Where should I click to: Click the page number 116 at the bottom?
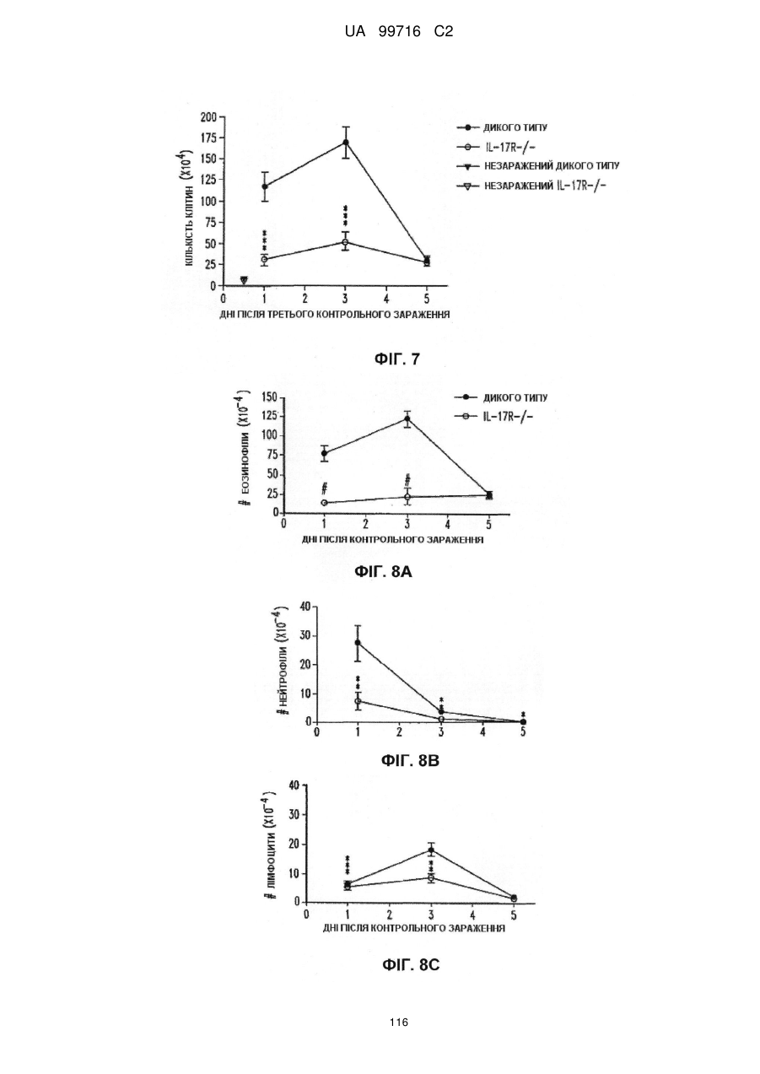[x=399, y=1023]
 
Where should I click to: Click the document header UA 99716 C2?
[x=399, y=32]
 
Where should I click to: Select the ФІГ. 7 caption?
[x=397, y=359]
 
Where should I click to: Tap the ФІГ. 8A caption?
[x=384, y=571]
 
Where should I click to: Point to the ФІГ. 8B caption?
[x=410, y=760]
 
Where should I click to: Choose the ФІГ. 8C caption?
[x=411, y=964]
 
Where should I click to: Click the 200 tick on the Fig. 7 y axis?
[x=209, y=117]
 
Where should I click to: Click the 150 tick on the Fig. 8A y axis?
[x=270, y=397]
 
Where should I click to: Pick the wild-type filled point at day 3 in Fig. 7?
[x=345, y=143]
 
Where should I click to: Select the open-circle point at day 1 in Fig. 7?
[x=264, y=259]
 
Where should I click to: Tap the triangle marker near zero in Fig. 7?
[x=244, y=280]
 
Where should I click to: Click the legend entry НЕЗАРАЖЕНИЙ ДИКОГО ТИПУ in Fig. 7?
[x=552, y=166]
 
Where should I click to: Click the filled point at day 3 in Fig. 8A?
[x=407, y=418]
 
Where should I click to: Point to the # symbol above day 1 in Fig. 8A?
[x=325, y=488]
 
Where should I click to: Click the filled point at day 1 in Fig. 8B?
[x=358, y=643]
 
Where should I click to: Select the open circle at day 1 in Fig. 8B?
[x=358, y=701]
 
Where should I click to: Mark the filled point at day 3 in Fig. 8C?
[x=431, y=850]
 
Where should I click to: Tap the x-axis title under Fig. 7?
[x=335, y=315]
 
